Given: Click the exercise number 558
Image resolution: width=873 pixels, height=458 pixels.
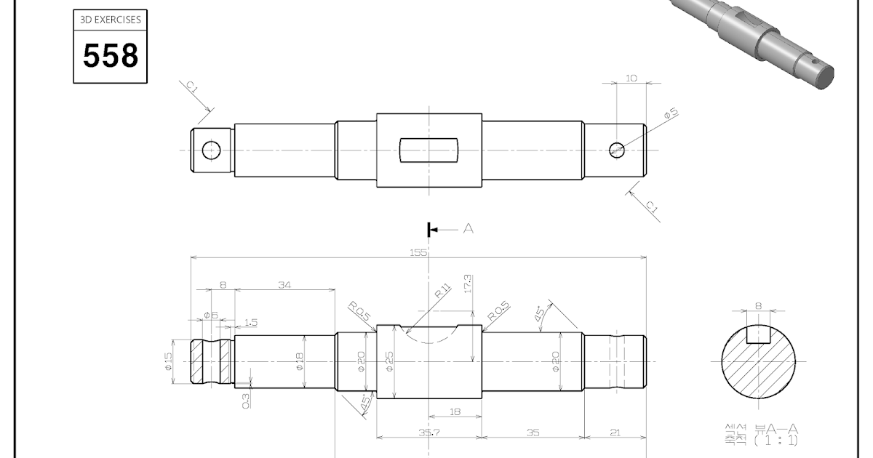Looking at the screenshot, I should tap(111, 56).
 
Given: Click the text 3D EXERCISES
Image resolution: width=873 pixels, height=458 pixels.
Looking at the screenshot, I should tap(111, 20).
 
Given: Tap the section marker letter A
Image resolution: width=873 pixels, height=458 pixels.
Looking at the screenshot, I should tap(468, 229).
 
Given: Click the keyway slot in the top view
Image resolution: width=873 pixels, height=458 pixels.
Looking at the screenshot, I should tap(429, 150).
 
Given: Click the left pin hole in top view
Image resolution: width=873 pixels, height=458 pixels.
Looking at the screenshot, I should tap(211, 150).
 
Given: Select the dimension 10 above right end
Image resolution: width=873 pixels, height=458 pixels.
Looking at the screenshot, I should tap(631, 77).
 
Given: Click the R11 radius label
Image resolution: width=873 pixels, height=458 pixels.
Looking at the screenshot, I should tap(443, 292).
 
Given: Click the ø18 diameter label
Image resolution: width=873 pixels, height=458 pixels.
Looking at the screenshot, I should tap(299, 361).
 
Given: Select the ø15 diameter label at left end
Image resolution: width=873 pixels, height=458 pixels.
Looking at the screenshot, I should tap(169, 361).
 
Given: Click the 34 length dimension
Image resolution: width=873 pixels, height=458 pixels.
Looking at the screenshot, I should tap(284, 285).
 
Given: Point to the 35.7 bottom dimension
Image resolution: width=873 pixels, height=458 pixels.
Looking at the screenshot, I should tap(428, 433).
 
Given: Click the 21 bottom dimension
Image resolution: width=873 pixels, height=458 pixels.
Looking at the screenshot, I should tap(615, 433).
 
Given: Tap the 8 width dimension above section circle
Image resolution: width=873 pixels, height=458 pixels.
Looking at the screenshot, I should tap(759, 306).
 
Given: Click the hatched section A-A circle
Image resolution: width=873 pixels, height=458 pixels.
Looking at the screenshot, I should tap(759, 361).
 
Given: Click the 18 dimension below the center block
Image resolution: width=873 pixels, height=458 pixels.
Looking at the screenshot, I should tap(455, 411).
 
